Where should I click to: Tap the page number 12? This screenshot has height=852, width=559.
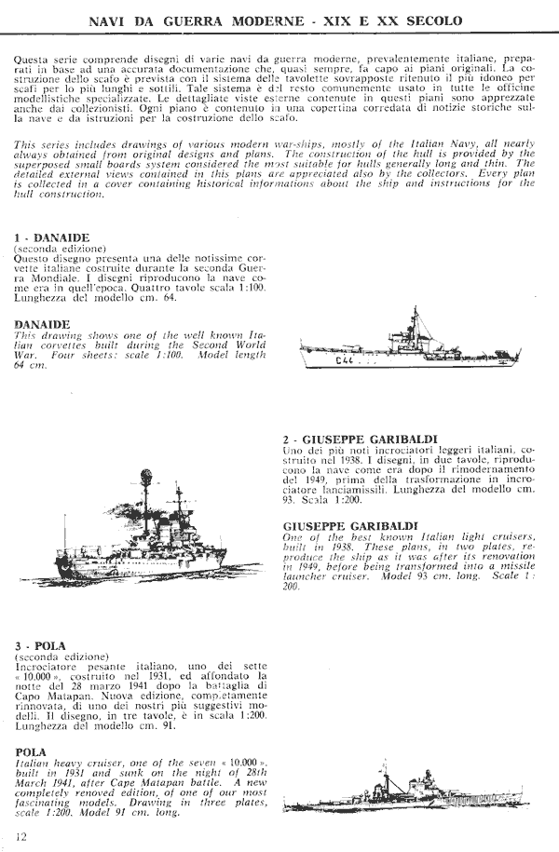click(21, 835)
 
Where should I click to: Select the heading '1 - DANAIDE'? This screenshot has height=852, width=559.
click(51, 238)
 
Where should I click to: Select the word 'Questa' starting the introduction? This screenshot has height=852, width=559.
click(33, 60)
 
